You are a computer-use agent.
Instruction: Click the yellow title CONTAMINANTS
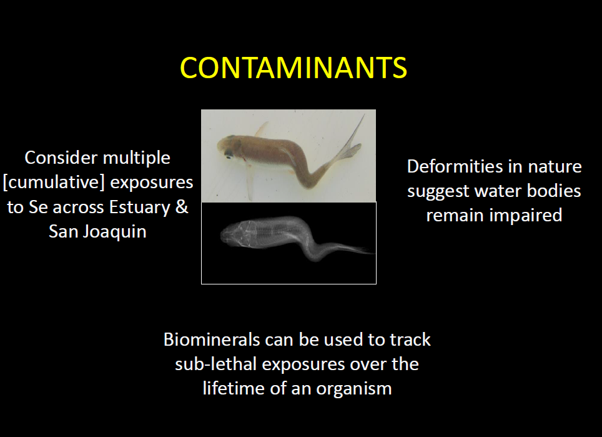pyautogui.click(x=294, y=68)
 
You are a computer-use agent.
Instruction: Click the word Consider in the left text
pyautogui.click(x=61, y=158)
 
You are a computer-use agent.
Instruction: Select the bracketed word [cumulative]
pyautogui.click(x=54, y=183)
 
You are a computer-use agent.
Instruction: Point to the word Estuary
pyautogui.click(x=140, y=208)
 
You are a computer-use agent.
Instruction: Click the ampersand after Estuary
pyautogui.click(x=182, y=207)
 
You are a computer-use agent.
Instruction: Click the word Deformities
pyautogui.click(x=455, y=167)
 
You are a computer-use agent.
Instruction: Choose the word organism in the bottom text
pyautogui.click(x=354, y=389)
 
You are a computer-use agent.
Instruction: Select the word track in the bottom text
pyautogui.click(x=410, y=339)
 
